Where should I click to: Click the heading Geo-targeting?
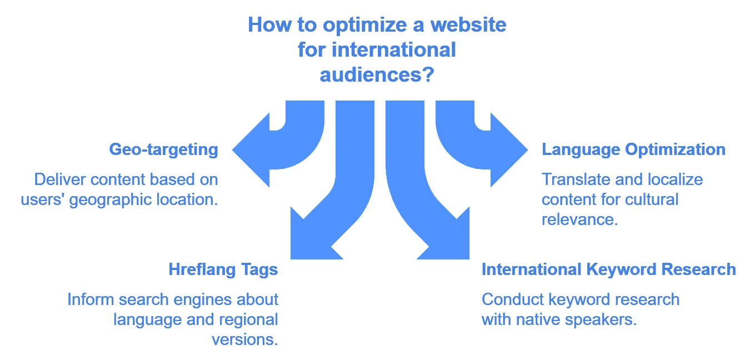[x=163, y=149]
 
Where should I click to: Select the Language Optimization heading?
[x=633, y=149]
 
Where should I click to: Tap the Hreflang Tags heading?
[x=223, y=269]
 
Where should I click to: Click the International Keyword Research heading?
[x=609, y=269]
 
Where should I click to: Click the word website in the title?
[x=468, y=25]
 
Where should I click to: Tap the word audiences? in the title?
[x=377, y=74]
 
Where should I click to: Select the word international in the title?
[x=394, y=49]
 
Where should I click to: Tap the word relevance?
[x=579, y=219]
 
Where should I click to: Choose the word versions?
[x=245, y=340]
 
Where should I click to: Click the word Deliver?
[x=59, y=179]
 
